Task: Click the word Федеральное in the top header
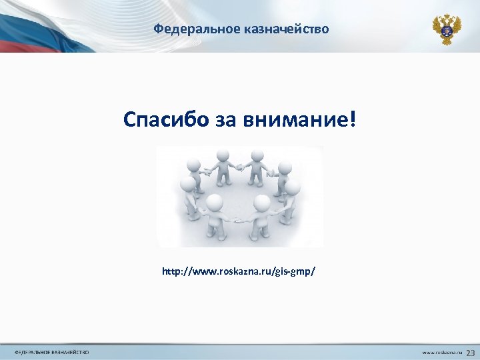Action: coord(187,29)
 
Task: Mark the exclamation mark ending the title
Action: coord(353,120)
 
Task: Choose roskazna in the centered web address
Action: coord(242,272)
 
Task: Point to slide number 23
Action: coord(470,351)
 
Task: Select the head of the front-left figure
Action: coord(214,202)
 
